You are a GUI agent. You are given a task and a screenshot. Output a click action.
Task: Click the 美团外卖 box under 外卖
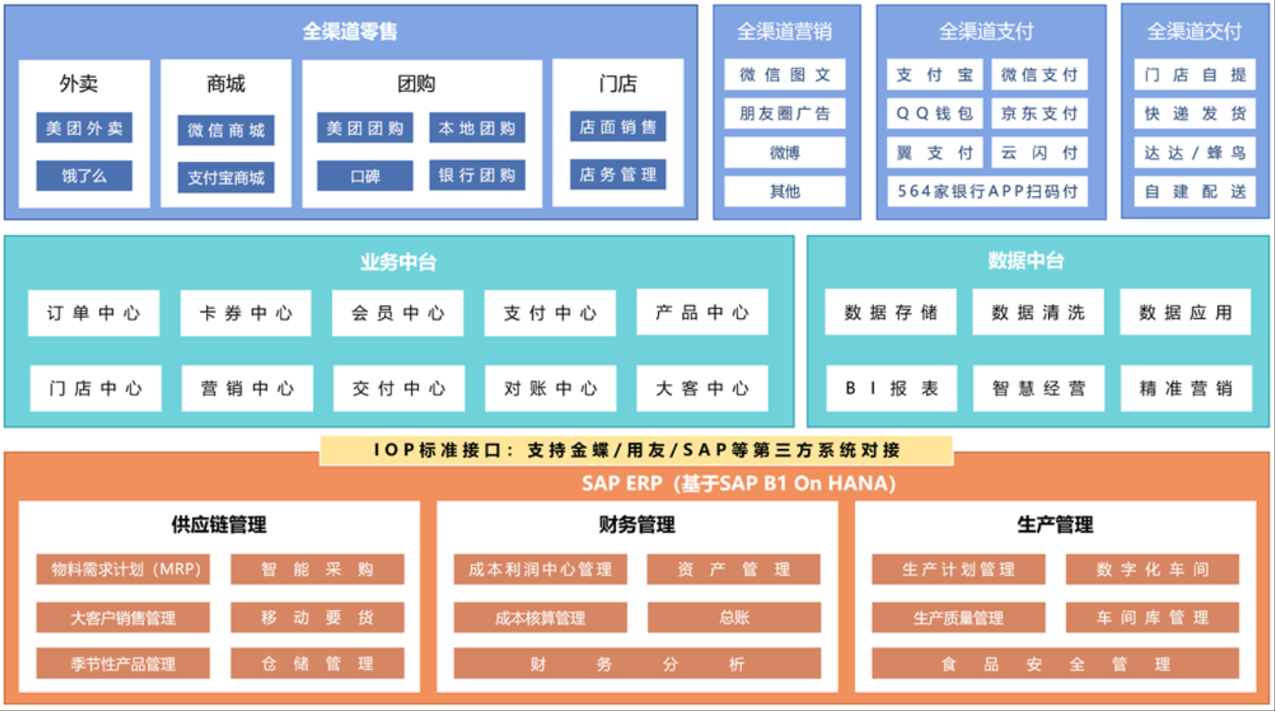tap(84, 128)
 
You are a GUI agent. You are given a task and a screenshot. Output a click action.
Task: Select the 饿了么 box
tap(84, 176)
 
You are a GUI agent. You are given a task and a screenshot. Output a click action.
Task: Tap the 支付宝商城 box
tap(225, 177)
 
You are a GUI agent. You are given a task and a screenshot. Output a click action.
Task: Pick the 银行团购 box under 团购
tap(477, 176)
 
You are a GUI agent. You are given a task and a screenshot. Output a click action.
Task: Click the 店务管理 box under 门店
tap(618, 174)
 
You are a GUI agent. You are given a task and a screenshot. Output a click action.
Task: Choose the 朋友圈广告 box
tap(784, 113)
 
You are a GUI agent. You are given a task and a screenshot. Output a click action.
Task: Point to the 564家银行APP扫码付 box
tap(987, 191)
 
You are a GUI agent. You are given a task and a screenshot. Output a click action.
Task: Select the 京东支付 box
tap(1039, 113)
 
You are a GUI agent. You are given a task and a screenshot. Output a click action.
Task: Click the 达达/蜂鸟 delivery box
tap(1194, 152)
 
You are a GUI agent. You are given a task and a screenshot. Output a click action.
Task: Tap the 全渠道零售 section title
tap(350, 31)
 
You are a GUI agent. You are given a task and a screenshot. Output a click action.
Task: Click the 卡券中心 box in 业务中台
tap(246, 313)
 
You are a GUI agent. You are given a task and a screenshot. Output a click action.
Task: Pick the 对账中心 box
tap(550, 388)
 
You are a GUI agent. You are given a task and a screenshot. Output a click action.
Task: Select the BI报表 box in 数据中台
tap(891, 388)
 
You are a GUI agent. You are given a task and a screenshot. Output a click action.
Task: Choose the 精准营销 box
tap(1185, 388)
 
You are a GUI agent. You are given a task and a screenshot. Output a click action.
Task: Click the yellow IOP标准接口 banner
tap(636, 450)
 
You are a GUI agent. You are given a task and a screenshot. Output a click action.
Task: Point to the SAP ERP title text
tap(738, 483)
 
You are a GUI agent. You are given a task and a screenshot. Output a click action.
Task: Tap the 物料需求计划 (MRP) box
tap(123, 569)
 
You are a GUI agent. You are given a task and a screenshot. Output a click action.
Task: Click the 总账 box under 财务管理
tap(734, 617)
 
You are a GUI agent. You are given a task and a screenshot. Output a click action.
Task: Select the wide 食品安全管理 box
tap(1054, 664)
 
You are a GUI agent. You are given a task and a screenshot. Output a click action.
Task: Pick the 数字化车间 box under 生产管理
tap(1151, 569)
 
